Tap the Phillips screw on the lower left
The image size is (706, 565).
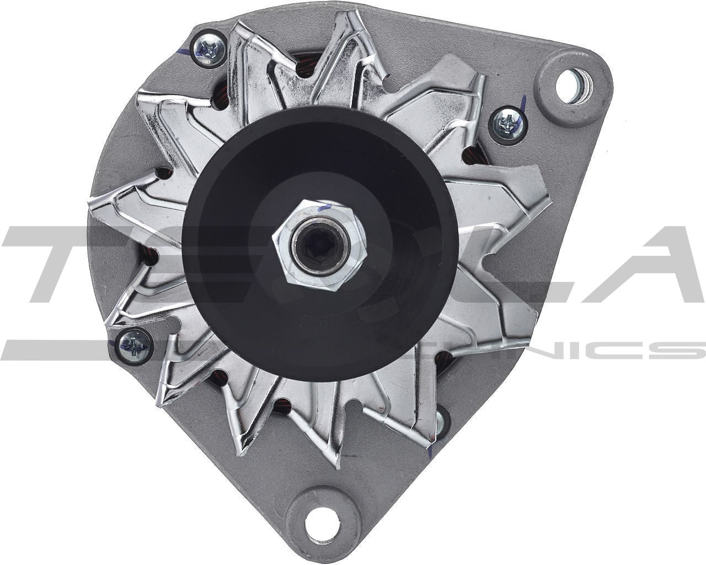134,344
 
